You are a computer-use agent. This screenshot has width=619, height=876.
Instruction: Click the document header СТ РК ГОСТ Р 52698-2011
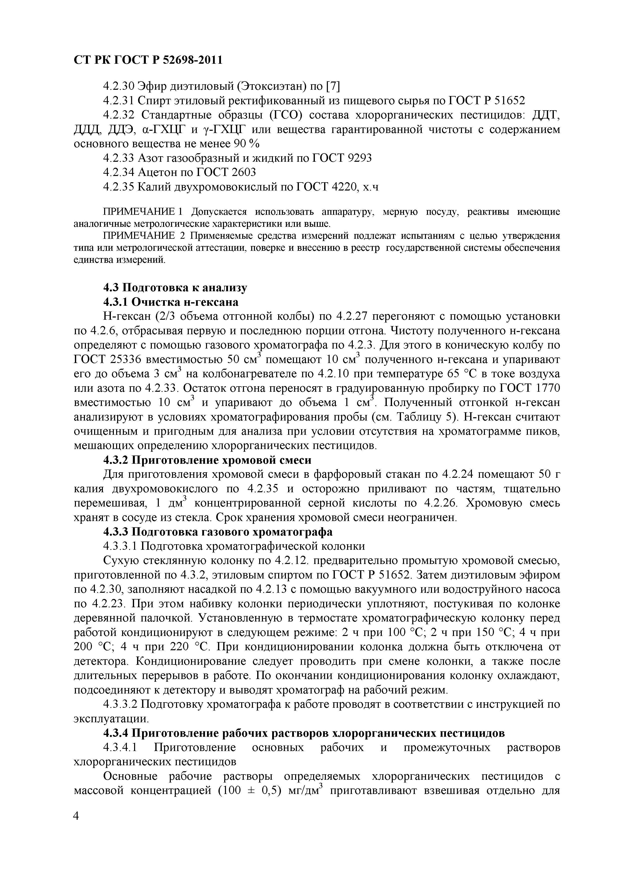(148, 60)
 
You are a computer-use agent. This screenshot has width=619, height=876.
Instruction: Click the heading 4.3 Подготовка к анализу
(175, 287)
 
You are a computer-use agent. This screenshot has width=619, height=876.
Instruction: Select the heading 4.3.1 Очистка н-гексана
(171, 302)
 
